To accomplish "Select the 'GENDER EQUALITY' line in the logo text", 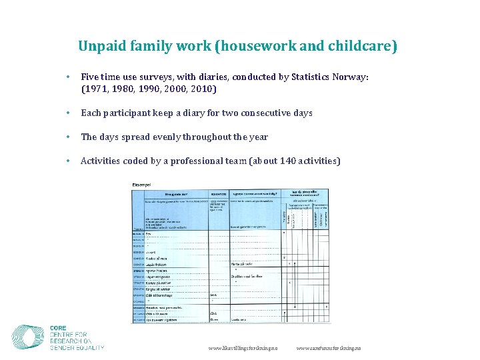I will point(77,347).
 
